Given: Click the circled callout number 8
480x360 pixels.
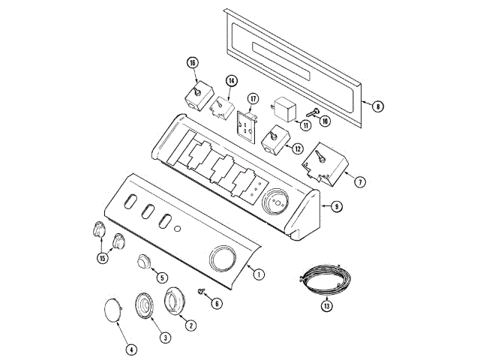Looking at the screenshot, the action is tap(378, 106).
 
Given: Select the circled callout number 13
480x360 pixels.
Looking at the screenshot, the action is tap(327, 306).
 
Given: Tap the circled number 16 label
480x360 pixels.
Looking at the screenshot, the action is tap(193, 63).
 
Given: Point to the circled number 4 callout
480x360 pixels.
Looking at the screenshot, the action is tap(131, 349).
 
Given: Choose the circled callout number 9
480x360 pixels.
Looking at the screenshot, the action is tap(337, 207).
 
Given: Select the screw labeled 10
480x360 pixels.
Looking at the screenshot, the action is tap(313, 112).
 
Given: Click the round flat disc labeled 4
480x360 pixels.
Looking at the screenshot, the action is tap(112, 310).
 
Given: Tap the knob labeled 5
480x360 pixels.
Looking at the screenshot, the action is tap(143, 262).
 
